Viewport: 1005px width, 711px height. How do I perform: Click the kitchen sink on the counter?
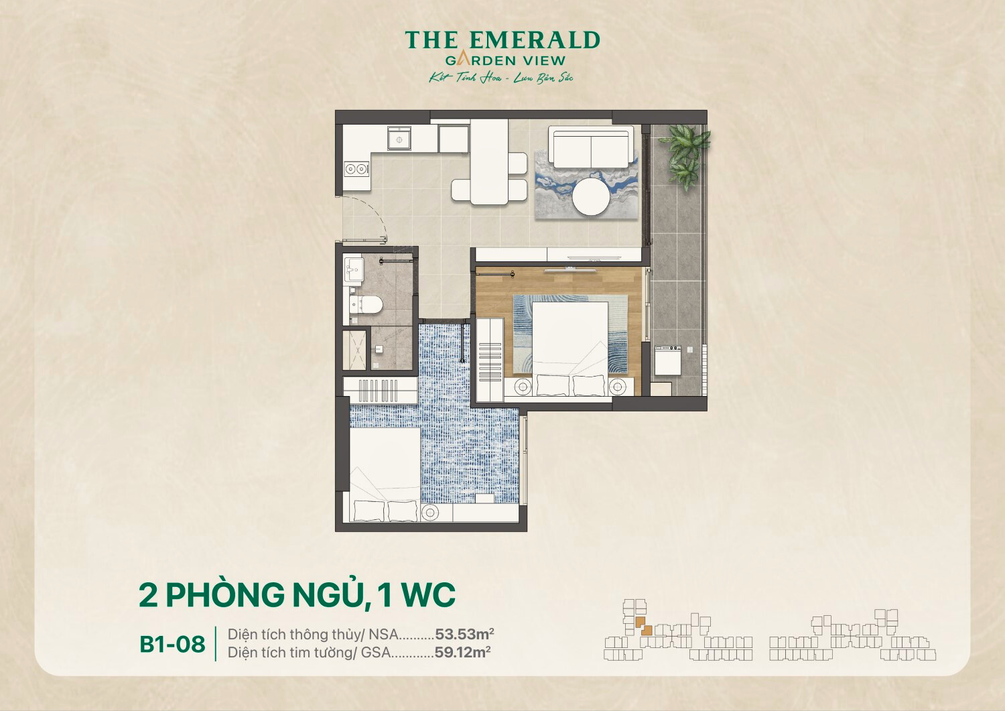coord(399,139)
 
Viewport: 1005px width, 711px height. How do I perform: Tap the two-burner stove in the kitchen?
coord(356,168)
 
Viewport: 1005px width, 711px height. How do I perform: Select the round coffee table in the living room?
coord(590,196)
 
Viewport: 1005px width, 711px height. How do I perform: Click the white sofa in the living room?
coord(590,148)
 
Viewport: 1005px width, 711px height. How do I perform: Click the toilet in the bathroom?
coord(367,305)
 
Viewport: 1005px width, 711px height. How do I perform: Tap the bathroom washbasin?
coord(353,271)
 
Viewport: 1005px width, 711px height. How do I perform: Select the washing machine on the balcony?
coord(668,361)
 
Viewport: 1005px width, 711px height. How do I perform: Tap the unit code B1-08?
coord(172,644)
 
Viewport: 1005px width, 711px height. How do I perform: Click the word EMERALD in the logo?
coord(534,41)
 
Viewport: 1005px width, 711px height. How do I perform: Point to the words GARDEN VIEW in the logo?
coord(505,61)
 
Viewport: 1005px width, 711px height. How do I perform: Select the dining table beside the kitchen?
coord(488,162)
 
